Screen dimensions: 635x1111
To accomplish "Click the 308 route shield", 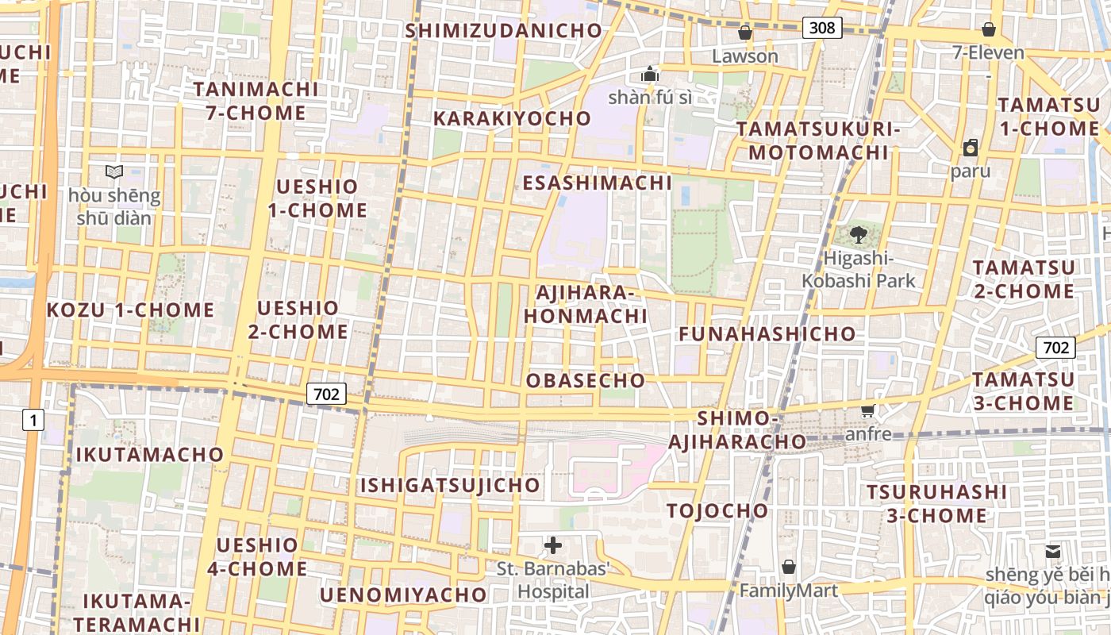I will [821, 28].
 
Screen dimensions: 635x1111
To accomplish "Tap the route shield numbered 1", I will [33, 420].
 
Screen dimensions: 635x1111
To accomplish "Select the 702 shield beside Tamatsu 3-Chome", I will [1055, 348].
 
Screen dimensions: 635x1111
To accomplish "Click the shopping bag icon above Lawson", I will [744, 33].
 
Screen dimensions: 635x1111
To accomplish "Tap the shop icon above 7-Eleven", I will [989, 29].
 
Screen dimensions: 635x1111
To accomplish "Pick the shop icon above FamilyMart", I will [788, 567].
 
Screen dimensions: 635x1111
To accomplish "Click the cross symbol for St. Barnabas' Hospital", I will [553, 545].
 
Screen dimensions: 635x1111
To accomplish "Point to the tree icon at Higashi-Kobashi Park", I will [858, 234].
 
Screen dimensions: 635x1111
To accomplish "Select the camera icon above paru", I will [971, 148].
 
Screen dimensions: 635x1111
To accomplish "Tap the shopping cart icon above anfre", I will [868, 410].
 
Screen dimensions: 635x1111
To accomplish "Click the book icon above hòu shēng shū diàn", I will [114, 171].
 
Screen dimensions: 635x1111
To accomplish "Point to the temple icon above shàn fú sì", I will [650, 75].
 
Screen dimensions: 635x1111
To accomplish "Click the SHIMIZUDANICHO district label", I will [504, 31].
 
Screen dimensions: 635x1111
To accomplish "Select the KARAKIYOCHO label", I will [512, 118].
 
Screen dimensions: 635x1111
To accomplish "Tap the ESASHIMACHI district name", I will [597, 183].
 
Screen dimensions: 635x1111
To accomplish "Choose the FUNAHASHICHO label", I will [767, 333].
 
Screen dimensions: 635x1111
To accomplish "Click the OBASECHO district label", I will [586, 380].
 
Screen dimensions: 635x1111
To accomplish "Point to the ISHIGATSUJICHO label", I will [450, 485].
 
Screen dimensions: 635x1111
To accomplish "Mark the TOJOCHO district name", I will [717, 510].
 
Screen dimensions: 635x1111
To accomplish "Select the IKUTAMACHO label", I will [150, 455].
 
